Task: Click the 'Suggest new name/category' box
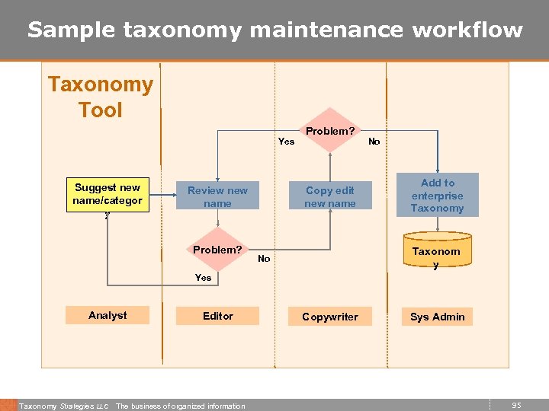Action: click(x=108, y=194)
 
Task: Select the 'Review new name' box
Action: click(x=217, y=196)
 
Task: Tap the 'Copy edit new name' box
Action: click(x=329, y=196)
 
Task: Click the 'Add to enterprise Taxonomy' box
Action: click(x=438, y=195)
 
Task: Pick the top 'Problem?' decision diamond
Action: click(x=329, y=131)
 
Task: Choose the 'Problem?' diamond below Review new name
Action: click(x=217, y=250)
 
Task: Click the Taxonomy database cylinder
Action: click(x=436, y=256)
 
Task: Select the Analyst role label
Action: click(x=108, y=315)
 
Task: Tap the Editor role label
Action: click(x=217, y=315)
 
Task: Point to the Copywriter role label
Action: click(x=329, y=317)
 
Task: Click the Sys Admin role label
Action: click(x=438, y=317)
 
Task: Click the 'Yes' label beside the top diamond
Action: click(x=286, y=141)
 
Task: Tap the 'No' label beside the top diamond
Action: click(x=374, y=141)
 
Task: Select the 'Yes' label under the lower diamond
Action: click(x=203, y=277)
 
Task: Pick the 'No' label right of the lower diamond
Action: click(x=264, y=259)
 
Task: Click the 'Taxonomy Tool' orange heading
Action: click(x=101, y=97)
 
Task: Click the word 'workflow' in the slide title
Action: click(x=467, y=30)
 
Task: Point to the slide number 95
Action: click(x=516, y=406)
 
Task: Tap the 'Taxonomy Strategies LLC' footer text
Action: click(x=64, y=406)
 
